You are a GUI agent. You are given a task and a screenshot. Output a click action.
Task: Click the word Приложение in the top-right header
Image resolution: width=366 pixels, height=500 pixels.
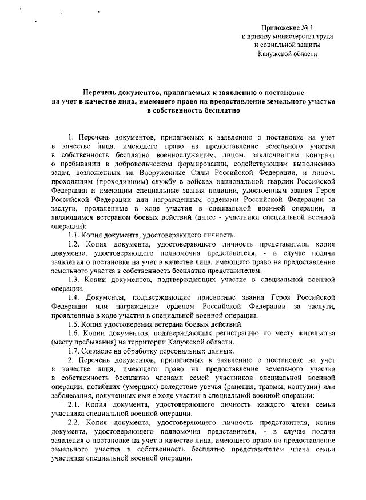[281, 27]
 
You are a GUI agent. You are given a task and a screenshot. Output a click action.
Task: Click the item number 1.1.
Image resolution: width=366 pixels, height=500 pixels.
[73, 235]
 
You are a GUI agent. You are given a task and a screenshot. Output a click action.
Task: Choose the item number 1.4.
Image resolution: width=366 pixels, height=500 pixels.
[73, 297]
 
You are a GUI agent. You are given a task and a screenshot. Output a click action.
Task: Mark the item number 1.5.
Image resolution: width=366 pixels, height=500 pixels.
[73, 323]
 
